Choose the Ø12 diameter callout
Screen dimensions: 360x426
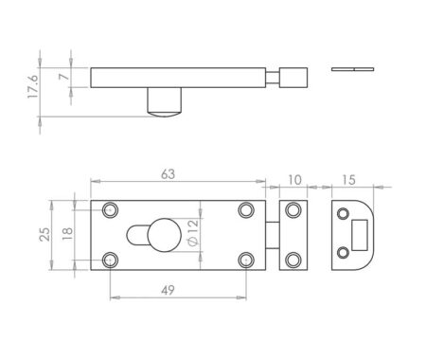[x=193, y=234]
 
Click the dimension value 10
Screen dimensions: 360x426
[x=295, y=178]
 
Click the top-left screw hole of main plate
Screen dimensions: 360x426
[x=111, y=209]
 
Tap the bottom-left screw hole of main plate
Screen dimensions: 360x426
[x=111, y=258]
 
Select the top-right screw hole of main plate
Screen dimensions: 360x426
[x=246, y=209]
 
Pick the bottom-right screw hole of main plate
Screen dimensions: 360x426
[x=246, y=258]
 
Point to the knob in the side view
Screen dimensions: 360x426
[x=164, y=102]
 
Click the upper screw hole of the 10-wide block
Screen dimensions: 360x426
[x=295, y=209]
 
